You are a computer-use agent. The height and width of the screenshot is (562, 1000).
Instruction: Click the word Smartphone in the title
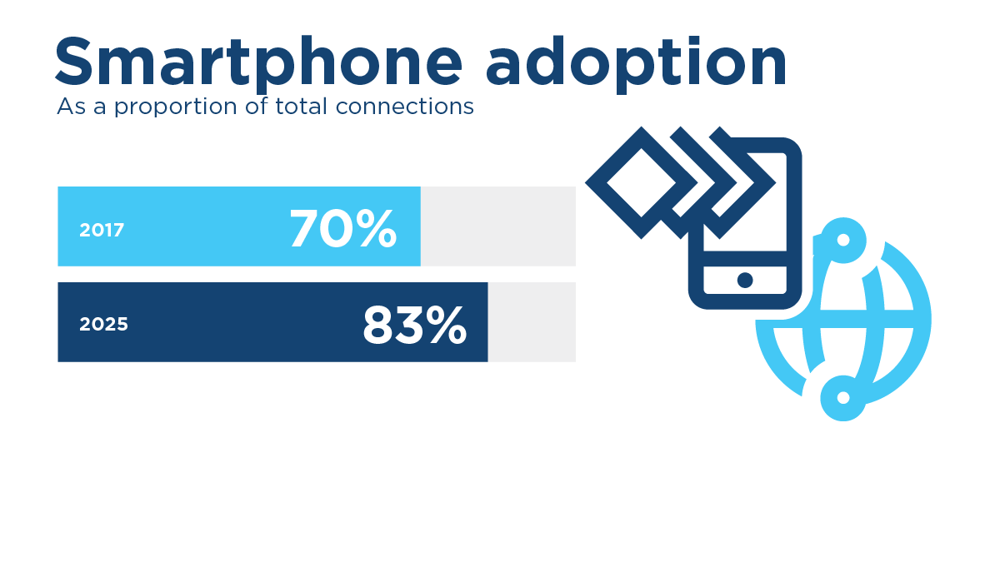[x=258, y=62]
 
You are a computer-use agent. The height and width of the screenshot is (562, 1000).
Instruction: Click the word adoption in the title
[x=636, y=62]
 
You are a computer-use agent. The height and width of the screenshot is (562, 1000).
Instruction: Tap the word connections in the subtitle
[x=405, y=107]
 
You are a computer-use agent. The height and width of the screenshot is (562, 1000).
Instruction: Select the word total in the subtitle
[x=302, y=107]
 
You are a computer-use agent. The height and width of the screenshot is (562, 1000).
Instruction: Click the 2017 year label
[x=102, y=230]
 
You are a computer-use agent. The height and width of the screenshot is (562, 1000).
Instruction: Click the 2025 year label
[x=103, y=324]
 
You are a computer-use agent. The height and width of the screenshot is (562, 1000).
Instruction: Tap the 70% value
[x=342, y=228]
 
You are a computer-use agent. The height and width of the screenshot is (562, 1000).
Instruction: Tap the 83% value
[x=415, y=326]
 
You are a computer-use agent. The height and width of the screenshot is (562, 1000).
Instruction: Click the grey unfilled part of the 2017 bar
[x=498, y=226]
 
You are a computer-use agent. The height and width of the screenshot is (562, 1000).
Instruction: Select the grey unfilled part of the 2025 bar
[x=532, y=322]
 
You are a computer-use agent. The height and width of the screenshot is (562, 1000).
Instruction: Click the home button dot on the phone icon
[x=745, y=280]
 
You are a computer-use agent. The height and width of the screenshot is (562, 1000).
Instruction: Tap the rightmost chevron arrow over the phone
[x=754, y=183]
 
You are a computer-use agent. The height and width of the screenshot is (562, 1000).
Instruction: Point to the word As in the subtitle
[x=71, y=107]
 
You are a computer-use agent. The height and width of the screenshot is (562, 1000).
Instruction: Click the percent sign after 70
[x=377, y=228]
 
